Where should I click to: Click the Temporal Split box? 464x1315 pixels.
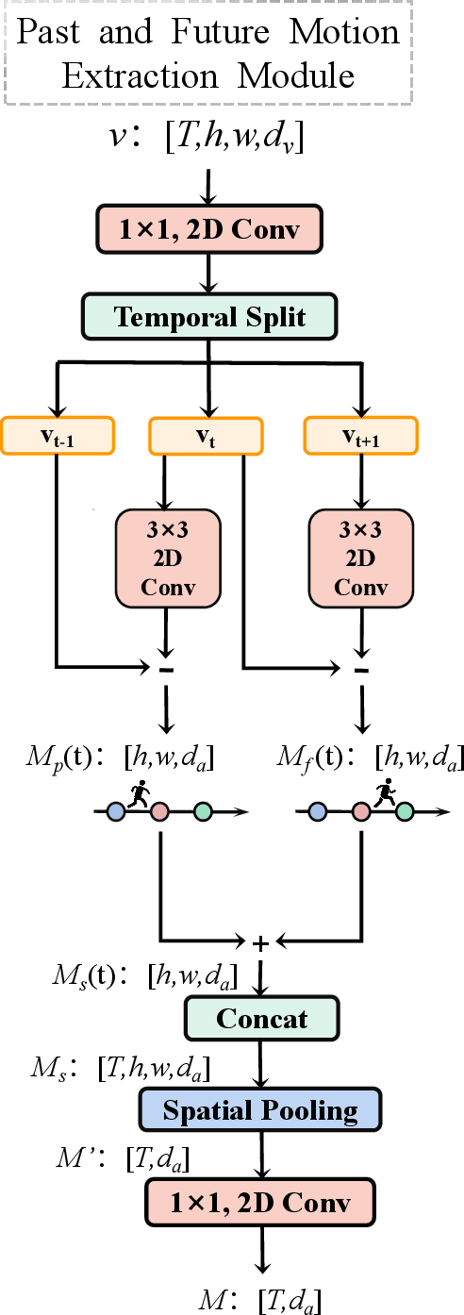coord(209,316)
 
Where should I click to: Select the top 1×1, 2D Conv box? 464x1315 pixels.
coord(209,229)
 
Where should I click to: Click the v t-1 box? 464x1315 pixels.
coord(58,435)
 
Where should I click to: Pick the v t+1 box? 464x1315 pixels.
coord(360,435)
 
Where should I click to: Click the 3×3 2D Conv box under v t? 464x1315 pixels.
coord(167,558)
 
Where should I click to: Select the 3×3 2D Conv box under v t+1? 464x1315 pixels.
coord(360,558)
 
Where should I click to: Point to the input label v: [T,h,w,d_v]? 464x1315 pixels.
coord(208,140)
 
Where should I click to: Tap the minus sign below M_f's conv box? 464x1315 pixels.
coord(360,669)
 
